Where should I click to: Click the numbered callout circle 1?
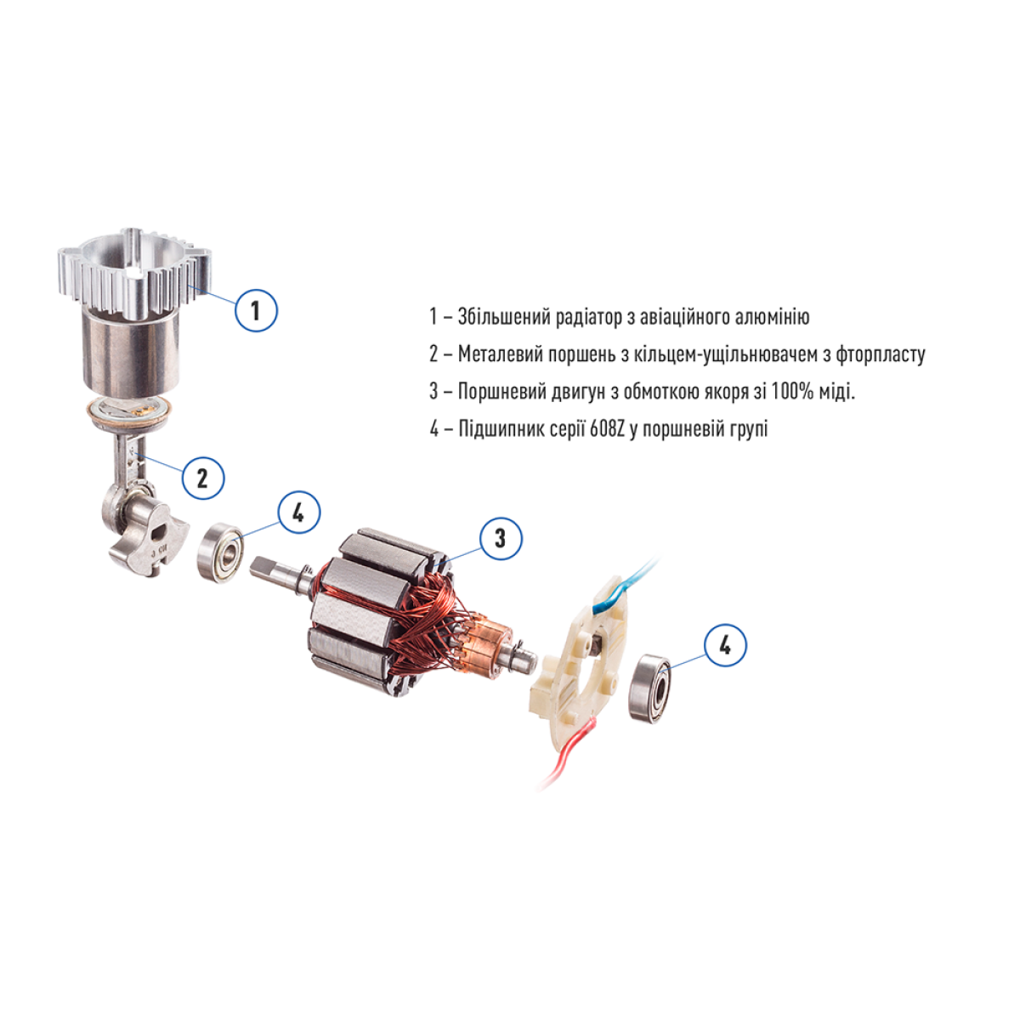256,310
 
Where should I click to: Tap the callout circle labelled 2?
203,479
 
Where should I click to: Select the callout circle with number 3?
501,538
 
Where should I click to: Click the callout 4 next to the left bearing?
298,513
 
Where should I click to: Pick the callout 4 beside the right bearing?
725,645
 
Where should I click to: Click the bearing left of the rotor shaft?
220,552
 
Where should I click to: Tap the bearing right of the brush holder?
649,688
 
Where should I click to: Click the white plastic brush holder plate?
580,667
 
